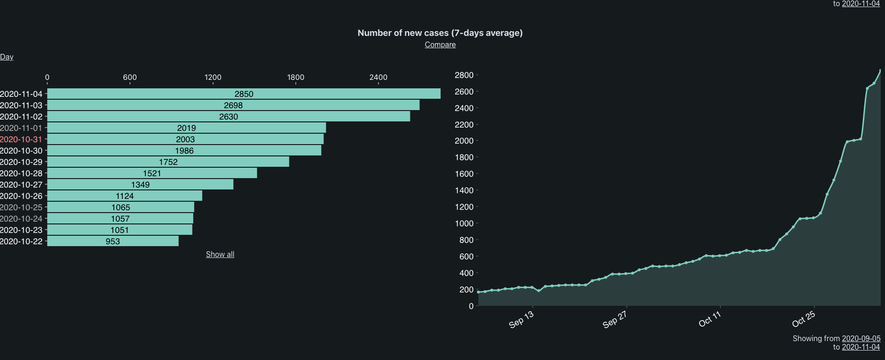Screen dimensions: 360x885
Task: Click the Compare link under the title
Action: pos(440,44)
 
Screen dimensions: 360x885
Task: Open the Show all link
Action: pos(220,254)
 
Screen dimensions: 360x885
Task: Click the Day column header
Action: pos(7,57)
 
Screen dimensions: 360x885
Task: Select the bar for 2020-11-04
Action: pos(244,94)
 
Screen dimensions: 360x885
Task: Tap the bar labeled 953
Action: pos(113,241)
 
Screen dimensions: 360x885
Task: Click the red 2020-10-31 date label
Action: pos(21,139)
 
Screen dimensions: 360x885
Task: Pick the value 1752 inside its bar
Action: pos(168,162)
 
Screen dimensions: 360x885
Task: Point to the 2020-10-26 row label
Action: pos(21,196)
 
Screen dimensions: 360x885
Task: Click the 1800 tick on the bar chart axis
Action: pos(296,77)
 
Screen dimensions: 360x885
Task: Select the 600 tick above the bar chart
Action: pos(130,77)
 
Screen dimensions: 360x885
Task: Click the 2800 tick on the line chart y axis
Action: pos(464,75)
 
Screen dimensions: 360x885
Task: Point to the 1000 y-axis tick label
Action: pos(464,223)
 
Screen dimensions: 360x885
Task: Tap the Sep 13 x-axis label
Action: pos(521,319)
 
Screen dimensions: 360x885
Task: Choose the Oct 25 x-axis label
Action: pos(803,319)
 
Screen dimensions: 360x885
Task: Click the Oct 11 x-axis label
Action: pos(710,319)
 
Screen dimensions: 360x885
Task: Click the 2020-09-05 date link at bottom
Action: pos(861,338)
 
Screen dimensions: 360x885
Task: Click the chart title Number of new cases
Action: pos(440,33)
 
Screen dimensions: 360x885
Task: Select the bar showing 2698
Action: pos(233,105)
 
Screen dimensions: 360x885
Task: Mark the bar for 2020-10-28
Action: pos(152,173)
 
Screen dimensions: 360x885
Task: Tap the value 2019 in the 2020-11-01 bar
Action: pos(187,128)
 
